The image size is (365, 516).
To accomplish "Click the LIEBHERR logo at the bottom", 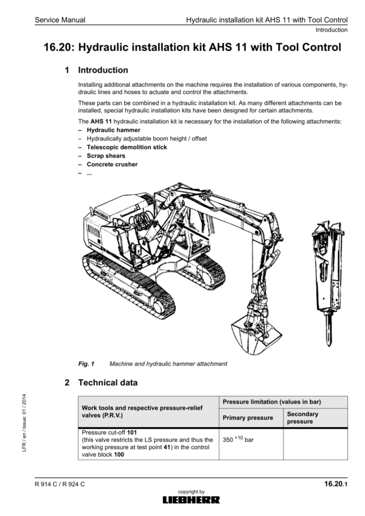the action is [x=191, y=500].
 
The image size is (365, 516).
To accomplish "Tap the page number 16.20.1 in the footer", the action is [x=336, y=484].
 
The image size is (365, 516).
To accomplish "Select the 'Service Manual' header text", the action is [x=60, y=20].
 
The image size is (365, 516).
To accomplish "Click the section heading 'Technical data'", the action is [x=108, y=382].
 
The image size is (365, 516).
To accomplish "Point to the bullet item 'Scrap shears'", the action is [x=106, y=156].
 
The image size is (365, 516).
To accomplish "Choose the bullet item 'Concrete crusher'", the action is [x=112, y=164].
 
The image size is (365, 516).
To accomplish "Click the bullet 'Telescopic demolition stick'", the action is [x=127, y=147].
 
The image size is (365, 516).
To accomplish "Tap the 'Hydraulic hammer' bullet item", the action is [x=114, y=130].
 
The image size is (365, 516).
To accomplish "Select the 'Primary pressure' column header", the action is [x=248, y=418].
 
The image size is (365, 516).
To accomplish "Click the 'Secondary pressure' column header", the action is [x=302, y=418].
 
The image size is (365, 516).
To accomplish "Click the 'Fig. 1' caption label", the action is [x=86, y=363].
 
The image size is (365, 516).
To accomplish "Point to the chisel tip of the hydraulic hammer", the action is [x=328, y=345].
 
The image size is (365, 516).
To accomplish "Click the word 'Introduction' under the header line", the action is [x=332, y=30].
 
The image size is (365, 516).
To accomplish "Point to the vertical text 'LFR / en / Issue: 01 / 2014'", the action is [x=24, y=423].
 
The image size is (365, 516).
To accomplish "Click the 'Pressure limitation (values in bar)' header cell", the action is [x=272, y=402].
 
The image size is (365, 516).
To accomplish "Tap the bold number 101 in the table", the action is [x=132, y=432].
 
